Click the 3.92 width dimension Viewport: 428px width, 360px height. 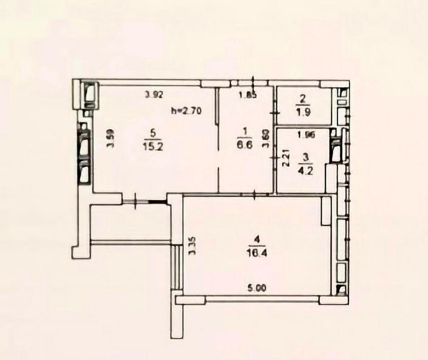(x=154, y=95)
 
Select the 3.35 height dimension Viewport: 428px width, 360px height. (x=192, y=246)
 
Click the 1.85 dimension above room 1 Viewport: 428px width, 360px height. (x=248, y=96)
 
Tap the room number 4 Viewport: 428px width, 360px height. (x=256, y=239)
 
